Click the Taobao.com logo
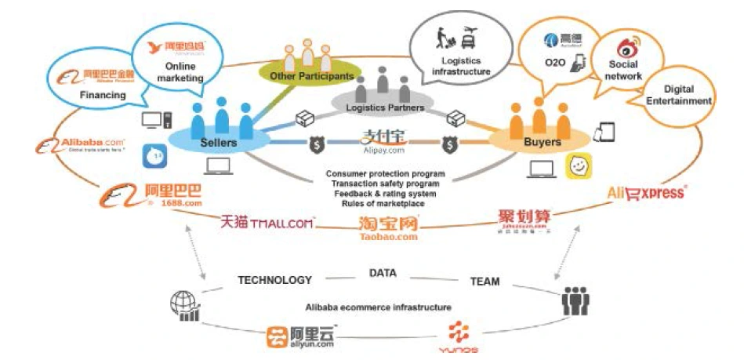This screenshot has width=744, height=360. (388, 227)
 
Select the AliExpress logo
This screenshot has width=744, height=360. (647, 192)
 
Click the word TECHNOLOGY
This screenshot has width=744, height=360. (274, 280)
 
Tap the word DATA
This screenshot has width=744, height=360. (383, 273)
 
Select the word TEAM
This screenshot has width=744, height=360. (485, 281)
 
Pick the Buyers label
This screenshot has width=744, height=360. (542, 142)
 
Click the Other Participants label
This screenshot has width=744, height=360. (311, 76)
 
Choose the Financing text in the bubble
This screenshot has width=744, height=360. (103, 95)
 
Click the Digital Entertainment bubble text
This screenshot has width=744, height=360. (678, 95)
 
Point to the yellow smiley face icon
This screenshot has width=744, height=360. (579, 165)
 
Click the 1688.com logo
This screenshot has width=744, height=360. (151, 195)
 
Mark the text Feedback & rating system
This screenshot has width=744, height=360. (385, 193)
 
